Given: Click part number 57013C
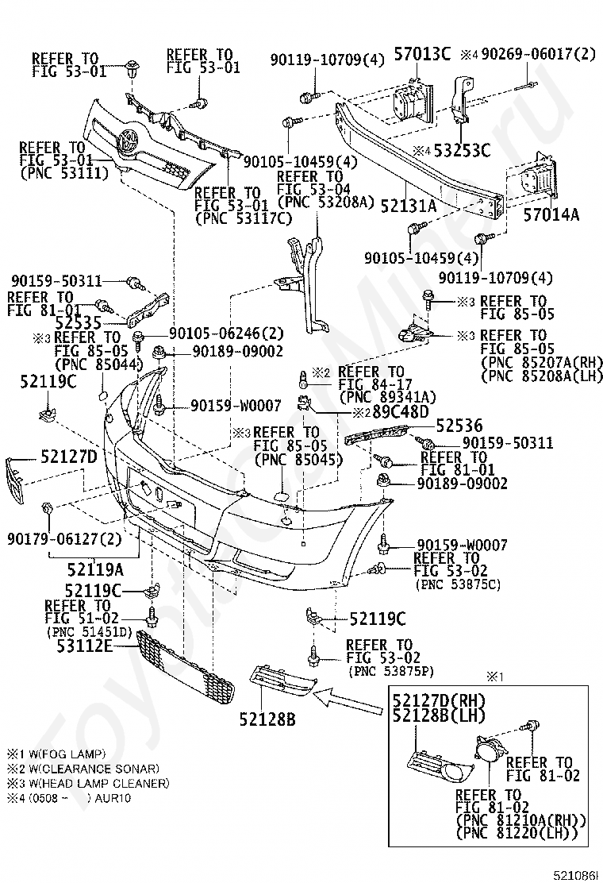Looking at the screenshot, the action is click(x=422, y=54).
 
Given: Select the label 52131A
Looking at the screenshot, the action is click(x=409, y=206).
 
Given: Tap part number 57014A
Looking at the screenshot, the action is click(x=551, y=214).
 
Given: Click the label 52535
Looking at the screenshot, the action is click(x=79, y=322).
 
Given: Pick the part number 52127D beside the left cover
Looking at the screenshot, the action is click(x=68, y=456).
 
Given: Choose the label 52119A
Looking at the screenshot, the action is click(x=95, y=569).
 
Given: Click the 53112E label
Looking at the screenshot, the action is click(x=84, y=646).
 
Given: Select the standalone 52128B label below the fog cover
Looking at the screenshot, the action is click(x=267, y=719).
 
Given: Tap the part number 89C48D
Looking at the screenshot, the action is click(x=400, y=411).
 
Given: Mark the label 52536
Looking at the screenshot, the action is click(x=459, y=426).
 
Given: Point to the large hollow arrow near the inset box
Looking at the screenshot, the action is click(x=347, y=702).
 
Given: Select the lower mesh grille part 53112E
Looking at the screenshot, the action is click(x=186, y=665).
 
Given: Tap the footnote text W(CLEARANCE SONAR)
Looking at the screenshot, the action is click(x=90, y=769).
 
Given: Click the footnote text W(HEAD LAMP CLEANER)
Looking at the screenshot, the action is click(x=96, y=783).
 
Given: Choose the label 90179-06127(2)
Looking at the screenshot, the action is click(x=64, y=539).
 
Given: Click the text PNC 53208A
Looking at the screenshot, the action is click(x=326, y=202).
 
